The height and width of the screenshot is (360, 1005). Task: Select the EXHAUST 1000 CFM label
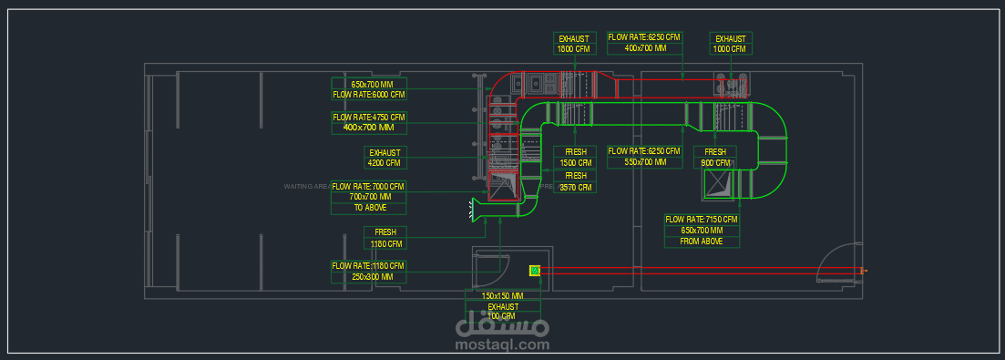tap(730, 44)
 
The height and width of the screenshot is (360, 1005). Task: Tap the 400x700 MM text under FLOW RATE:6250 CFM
tap(644, 47)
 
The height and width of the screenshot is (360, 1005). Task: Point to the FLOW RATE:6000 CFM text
tap(369, 94)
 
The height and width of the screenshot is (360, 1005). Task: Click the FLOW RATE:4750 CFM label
tap(369, 118)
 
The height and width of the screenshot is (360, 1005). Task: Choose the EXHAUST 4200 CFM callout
tap(384, 158)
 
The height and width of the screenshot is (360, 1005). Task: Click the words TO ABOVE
tap(369, 208)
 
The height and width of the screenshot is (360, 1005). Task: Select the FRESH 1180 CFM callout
tap(384, 238)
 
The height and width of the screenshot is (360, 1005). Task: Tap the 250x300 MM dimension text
tap(369, 276)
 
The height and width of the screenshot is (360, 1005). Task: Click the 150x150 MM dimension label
tap(502, 296)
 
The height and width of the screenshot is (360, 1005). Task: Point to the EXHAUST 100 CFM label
tap(502, 311)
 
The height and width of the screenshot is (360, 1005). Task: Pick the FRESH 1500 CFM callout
tap(576, 157)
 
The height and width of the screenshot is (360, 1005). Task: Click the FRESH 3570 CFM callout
tap(576, 181)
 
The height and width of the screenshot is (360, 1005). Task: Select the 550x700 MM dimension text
tap(644, 162)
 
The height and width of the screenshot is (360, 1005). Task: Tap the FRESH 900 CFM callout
tap(715, 157)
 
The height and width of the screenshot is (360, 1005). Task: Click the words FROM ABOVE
tap(702, 242)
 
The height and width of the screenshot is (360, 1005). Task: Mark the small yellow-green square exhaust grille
tap(535, 270)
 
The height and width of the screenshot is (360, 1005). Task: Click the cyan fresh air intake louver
tap(474, 210)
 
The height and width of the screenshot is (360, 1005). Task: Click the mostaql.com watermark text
tap(501, 345)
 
